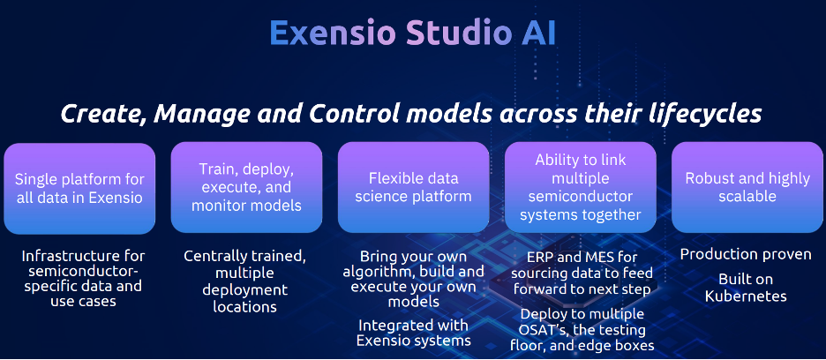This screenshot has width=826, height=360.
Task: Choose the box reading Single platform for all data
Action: pos(79,188)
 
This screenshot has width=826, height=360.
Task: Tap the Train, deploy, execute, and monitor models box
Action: pos(246,187)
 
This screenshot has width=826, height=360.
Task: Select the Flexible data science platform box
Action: pos(414,187)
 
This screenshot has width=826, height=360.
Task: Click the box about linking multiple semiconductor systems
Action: pos(581,187)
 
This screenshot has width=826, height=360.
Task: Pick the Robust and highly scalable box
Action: pos(747,187)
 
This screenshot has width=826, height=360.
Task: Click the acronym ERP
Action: pos(540,258)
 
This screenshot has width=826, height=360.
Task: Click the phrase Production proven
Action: pos(746,255)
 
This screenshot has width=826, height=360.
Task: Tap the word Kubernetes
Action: pos(746,296)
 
